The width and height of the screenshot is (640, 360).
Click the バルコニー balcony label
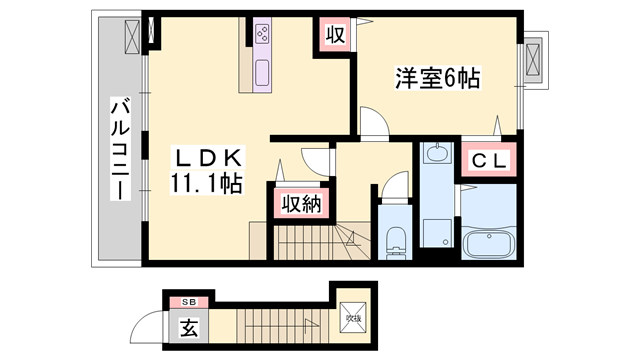[x=119, y=150]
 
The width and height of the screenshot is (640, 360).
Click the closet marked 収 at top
[x=333, y=35]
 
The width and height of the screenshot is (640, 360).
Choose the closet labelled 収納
[x=299, y=204]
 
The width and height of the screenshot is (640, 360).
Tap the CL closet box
[x=487, y=159]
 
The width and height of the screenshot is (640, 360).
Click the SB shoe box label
[x=189, y=299]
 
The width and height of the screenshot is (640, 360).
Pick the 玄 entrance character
[x=188, y=327]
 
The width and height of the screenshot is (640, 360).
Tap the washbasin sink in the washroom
[x=436, y=154]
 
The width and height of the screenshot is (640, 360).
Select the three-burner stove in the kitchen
[x=263, y=34]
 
